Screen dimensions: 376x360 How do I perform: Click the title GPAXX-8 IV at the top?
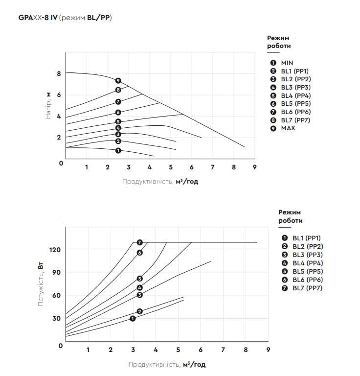click(x=37, y=18)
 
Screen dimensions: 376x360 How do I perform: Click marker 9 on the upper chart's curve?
click(x=118, y=81)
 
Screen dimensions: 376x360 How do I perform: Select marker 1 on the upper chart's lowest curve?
click(x=118, y=151)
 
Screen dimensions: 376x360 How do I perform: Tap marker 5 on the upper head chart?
click(x=118, y=121)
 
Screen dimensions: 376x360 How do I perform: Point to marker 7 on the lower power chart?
click(x=140, y=242)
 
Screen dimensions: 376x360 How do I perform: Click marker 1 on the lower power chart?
click(x=133, y=319)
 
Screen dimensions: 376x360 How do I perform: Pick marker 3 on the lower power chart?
click(x=140, y=295)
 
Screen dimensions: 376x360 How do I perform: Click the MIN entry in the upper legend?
click(x=286, y=63)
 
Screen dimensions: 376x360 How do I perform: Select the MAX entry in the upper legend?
click(x=288, y=128)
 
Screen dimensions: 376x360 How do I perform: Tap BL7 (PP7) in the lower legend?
click(x=308, y=288)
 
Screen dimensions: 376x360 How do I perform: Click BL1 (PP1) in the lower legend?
click(x=308, y=238)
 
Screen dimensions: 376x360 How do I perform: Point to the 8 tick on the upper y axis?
click(x=58, y=73)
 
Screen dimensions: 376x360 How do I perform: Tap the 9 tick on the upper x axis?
click(x=255, y=167)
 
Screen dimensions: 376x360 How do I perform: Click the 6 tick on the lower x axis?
click(x=201, y=350)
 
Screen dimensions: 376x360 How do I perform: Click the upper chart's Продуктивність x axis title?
click(x=160, y=182)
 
